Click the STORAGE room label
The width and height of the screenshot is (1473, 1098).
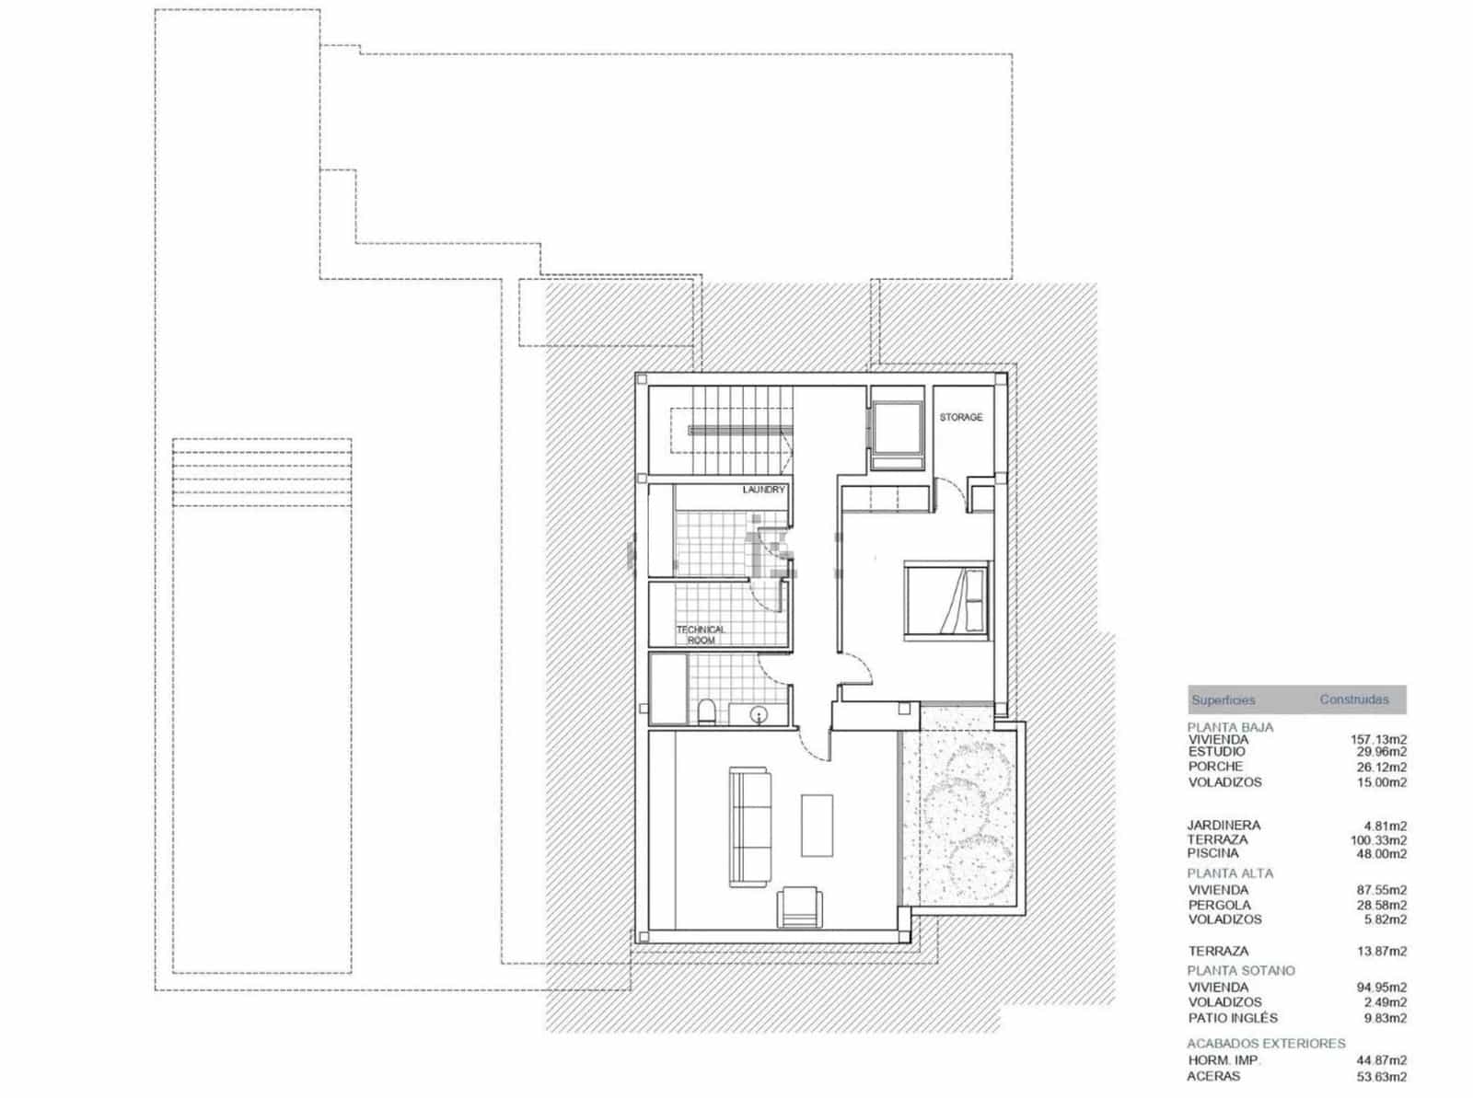click(x=960, y=418)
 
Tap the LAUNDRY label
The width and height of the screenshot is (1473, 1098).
click(x=763, y=490)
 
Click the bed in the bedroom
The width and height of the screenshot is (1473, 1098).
click(x=945, y=600)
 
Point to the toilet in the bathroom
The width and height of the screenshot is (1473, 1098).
click(x=706, y=711)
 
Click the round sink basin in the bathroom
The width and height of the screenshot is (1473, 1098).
click(x=758, y=713)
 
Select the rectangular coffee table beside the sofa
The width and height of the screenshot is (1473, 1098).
click(x=817, y=826)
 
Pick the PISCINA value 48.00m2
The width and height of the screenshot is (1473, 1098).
click(x=1381, y=854)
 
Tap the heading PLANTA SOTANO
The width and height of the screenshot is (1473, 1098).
click(x=1240, y=971)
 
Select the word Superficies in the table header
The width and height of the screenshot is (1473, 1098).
click(x=1223, y=700)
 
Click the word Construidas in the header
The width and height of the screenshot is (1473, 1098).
click(x=1353, y=699)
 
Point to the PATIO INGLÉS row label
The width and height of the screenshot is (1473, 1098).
click(x=1233, y=1018)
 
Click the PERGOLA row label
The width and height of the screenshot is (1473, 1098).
click(x=1219, y=906)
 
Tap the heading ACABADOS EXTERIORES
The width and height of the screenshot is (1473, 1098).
click(x=1266, y=1044)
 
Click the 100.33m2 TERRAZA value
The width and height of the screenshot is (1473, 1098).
click(x=1377, y=840)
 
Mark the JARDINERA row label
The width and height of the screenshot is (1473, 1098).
click(x=1224, y=826)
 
